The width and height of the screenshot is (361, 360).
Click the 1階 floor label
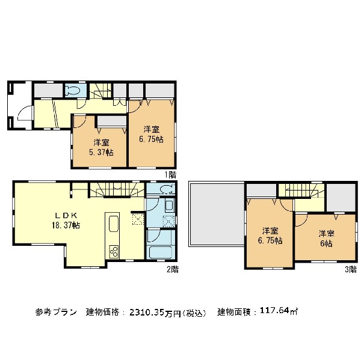[170, 175]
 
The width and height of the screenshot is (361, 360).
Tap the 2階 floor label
[173, 269]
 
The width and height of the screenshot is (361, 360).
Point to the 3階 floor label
[351, 269]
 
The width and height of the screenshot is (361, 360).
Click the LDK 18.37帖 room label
[66, 221]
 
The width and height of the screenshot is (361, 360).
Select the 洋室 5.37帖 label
[101, 147]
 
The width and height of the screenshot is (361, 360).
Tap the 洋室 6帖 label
[326, 239]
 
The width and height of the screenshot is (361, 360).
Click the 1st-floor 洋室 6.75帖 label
[152, 134]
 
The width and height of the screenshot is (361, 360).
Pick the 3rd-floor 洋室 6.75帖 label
[270, 236]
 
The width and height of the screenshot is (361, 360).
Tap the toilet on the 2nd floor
[167, 189]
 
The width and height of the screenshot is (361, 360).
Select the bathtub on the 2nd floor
[161, 252]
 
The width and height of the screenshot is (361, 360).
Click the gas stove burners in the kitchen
[114, 252]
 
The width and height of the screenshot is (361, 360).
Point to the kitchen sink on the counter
[113, 224]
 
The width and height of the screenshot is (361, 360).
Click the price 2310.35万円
[155, 313]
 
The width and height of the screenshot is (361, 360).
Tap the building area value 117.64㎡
[279, 311]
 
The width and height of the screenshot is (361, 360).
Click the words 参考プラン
[56, 312]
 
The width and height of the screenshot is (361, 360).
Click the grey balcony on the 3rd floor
[217, 214]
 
